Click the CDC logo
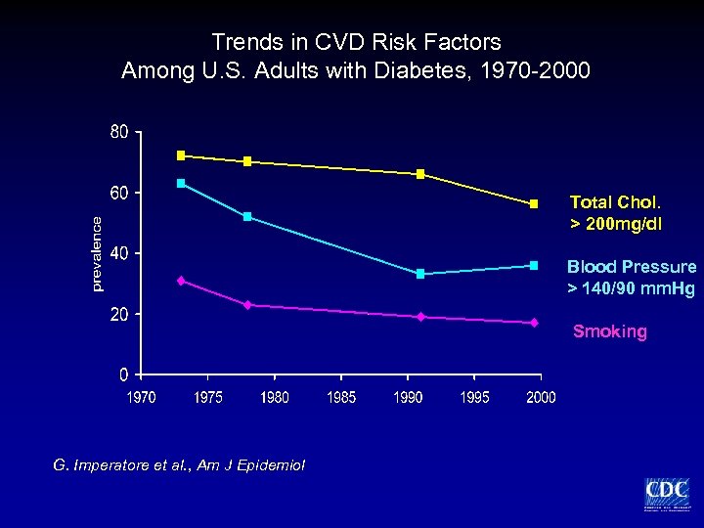coord(666,493)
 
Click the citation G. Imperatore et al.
coord(179,464)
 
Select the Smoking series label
coord(609,331)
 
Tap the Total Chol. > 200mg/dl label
coord(615,213)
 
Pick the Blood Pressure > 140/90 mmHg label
coord(632,277)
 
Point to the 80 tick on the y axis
coord(118,132)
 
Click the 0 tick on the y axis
coord(124,374)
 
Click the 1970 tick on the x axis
coord(141,397)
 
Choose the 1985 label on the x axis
coord(341,397)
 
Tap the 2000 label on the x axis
coord(541,397)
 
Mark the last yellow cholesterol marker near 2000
coord(534,203)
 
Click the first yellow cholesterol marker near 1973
coord(181,155)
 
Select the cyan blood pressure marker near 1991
coord(420,274)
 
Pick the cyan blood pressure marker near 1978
coord(247,216)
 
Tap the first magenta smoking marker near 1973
coord(181,281)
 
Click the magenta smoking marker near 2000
coord(534,323)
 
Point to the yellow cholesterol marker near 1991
coord(420,174)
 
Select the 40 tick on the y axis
coord(118,253)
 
